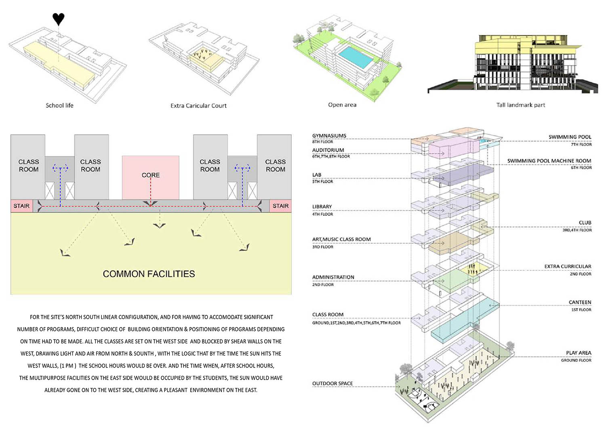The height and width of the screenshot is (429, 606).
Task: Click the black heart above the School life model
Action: tap(59, 19)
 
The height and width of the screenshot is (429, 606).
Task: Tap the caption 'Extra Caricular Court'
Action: tap(198, 106)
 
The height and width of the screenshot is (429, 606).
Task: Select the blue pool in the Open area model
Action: tap(355, 57)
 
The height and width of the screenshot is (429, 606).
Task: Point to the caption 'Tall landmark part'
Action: tap(520, 105)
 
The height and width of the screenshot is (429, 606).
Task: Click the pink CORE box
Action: tap(150, 178)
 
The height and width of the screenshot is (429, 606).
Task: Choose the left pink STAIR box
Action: tap(22, 206)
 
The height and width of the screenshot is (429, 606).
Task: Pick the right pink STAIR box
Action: tap(280, 206)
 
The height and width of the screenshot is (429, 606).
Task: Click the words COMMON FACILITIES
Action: tap(149, 274)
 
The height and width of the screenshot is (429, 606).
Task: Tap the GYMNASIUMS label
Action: tap(329, 136)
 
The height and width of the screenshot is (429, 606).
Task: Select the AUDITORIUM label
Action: tap(328, 150)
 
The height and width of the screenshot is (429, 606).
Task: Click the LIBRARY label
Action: tap(322, 207)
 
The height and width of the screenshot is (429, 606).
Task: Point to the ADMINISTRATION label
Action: tap(333, 277)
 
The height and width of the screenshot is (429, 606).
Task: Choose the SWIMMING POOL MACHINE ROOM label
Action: tap(549, 161)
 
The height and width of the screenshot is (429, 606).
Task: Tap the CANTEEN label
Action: tap(580, 302)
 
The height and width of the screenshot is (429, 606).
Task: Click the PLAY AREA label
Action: tap(579, 353)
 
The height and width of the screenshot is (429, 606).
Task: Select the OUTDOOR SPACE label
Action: tap(332, 384)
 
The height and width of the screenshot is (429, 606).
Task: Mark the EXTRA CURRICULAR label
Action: tap(568, 267)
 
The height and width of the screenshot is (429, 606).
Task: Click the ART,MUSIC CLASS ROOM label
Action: tap(341, 239)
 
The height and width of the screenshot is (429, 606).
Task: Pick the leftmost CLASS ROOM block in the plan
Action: tap(28, 167)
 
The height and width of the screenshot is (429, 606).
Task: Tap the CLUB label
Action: tap(585, 223)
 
